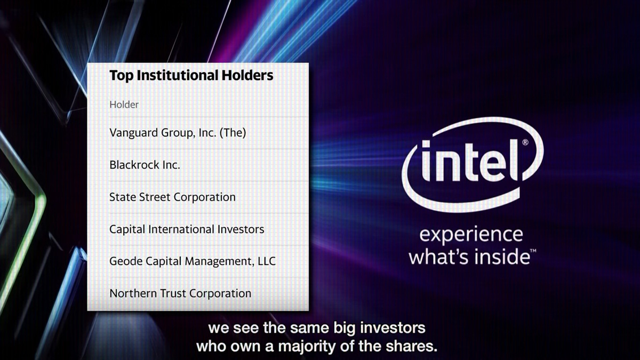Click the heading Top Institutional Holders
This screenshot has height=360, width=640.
point(191,75)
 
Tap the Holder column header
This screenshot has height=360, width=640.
point(124,105)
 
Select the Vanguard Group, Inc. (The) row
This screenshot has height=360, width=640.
point(178,133)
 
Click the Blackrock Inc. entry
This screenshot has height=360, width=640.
point(145,165)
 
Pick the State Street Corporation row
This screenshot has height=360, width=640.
point(173,197)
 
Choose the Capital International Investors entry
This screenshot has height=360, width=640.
point(187,229)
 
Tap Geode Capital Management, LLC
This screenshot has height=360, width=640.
point(193,261)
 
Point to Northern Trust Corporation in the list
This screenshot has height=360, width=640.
point(180,293)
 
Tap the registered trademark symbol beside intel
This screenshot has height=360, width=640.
point(525,142)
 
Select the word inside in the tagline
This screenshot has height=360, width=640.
point(502,257)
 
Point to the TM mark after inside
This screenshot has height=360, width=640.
point(533,251)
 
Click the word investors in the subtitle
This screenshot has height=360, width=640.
point(393,327)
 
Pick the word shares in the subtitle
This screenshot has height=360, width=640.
point(411,346)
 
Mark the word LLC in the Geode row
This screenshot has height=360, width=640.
point(267,261)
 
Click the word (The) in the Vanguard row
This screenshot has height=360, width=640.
point(233,133)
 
